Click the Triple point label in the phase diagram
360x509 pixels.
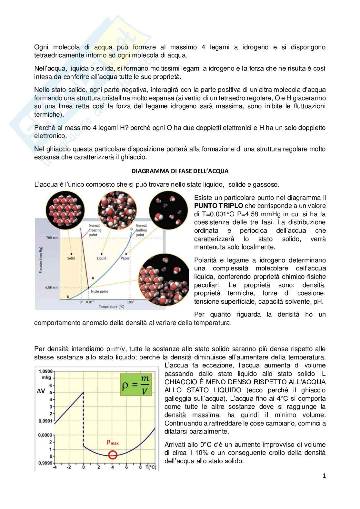[99, 291]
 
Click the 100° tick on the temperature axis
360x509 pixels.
[130, 302]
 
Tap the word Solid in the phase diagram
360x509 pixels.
[71, 258]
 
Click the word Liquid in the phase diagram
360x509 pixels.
[102, 258]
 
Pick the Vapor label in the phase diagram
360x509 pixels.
[125, 258]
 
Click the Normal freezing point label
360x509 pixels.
[95, 230]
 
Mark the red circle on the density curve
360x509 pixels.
[113, 455]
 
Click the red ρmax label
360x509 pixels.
[113, 443]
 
